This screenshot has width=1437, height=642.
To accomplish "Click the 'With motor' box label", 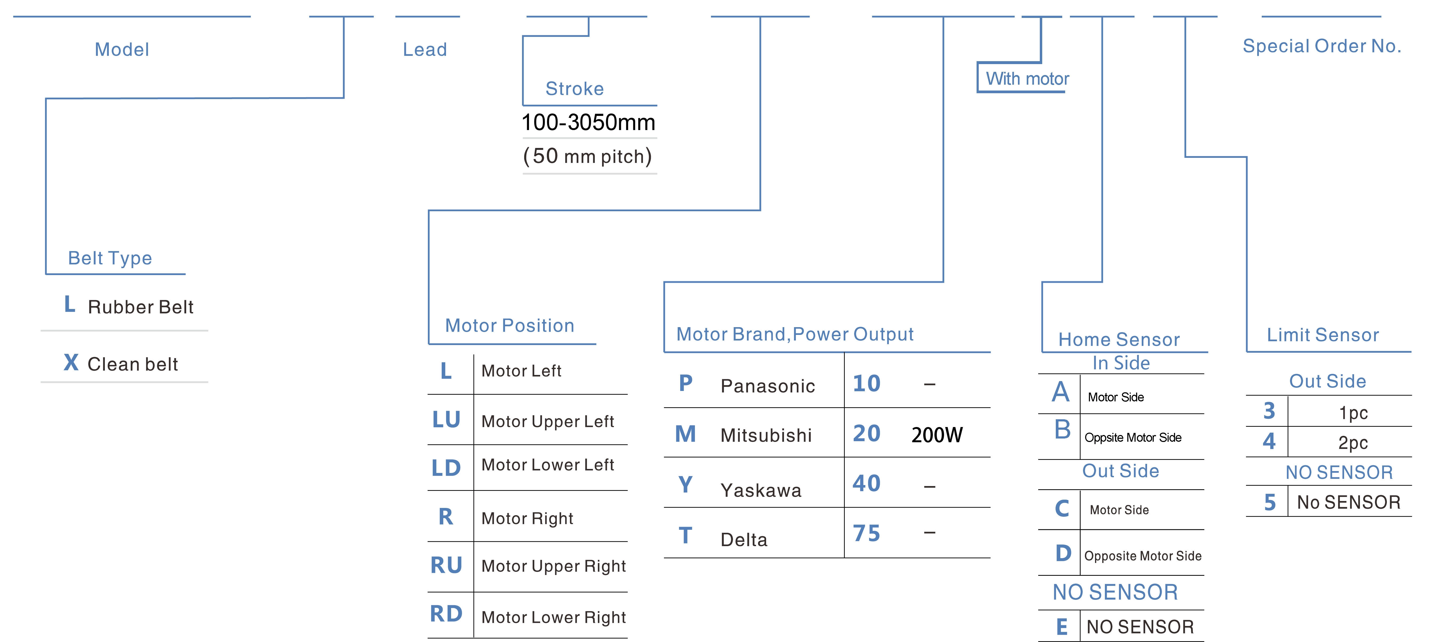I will coord(1027,79).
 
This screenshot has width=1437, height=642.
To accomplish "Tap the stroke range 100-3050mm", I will coord(588,122).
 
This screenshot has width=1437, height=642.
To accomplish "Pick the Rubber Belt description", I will coord(141,307).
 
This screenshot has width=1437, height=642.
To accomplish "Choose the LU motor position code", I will coord(446,420).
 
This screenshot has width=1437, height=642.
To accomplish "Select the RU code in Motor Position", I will coord(446,566).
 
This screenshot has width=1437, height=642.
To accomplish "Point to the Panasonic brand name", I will coord(768,386).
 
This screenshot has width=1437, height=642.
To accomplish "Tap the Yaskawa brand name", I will coord(761,490).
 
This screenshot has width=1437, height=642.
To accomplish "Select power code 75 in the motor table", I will coord(866,533).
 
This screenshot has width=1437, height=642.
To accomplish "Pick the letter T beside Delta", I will coord(686,536).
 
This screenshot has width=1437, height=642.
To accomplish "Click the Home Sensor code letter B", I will coord(1062,429).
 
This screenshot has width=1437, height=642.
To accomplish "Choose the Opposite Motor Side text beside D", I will coord(1143,556).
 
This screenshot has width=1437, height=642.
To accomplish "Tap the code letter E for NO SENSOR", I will coord(1062,627).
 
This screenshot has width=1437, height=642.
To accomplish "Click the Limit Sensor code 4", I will coord(1269,442).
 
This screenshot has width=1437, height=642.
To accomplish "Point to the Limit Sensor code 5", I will coord(1270,502).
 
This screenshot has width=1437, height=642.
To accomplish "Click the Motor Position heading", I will coord(509,326).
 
